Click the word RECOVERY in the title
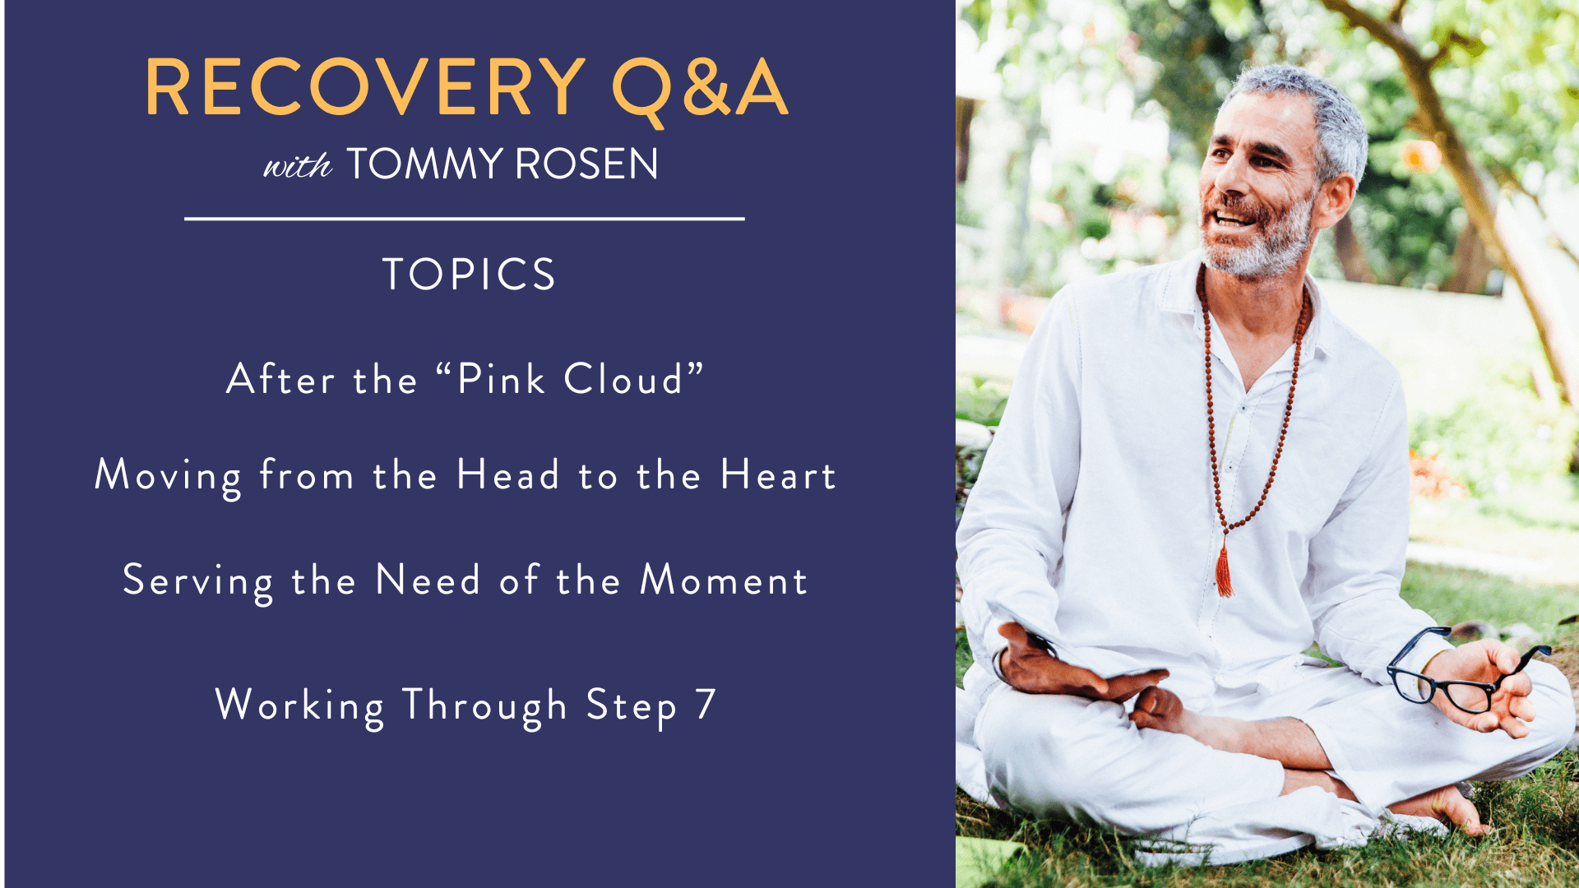click(365, 87)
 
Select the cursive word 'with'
click(297, 165)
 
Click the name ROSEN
click(586, 164)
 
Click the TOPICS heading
click(469, 274)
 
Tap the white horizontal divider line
click(465, 219)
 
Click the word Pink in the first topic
click(501, 379)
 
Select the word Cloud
click(623, 379)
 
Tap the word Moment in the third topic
click(724, 580)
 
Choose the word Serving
click(197, 582)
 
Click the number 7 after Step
click(706, 705)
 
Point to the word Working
click(299, 706)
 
